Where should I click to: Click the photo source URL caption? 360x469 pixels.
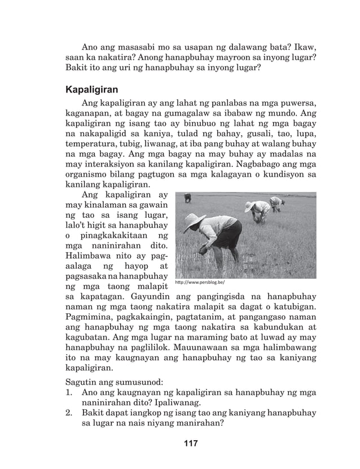click(x=200, y=282)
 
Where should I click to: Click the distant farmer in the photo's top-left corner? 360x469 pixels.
click(x=187, y=198)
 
